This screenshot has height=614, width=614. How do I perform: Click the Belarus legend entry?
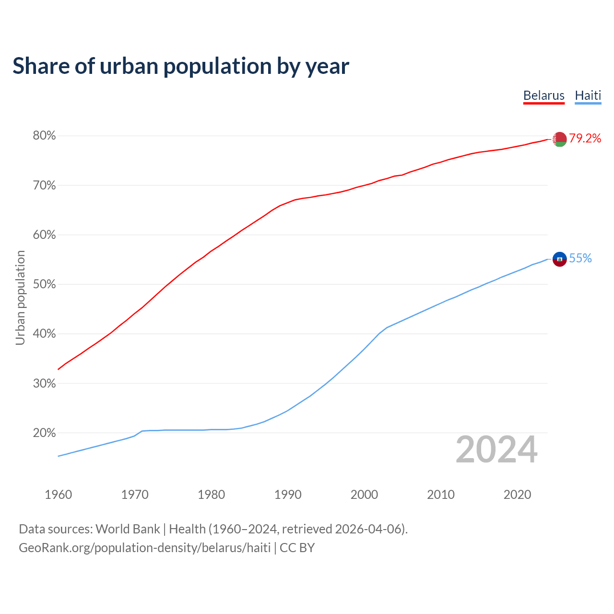(543, 95)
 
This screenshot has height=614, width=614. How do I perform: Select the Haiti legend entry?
(588, 95)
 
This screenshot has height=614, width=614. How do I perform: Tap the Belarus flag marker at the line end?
(559, 139)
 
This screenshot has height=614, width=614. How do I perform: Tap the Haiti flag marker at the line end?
(559, 259)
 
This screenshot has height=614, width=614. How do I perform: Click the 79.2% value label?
(585, 139)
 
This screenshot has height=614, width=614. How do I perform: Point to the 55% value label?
(580, 259)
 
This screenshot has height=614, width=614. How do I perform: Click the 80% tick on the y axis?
(44, 136)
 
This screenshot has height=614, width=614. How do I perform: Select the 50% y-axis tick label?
(44, 284)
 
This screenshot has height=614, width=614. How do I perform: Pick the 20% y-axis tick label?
(44, 433)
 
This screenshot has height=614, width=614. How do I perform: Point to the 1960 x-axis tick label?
(58, 495)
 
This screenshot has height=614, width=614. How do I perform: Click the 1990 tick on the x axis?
(288, 495)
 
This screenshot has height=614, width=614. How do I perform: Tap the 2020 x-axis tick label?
(517, 495)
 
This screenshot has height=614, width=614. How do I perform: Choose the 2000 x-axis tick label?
(364, 495)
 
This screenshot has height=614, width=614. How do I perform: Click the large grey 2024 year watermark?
(496, 449)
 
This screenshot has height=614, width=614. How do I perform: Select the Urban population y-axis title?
(20, 297)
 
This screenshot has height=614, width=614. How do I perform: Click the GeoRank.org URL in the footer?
(144, 548)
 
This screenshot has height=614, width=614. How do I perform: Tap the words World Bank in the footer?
(128, 529)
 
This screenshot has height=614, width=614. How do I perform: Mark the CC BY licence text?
(297, 548)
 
